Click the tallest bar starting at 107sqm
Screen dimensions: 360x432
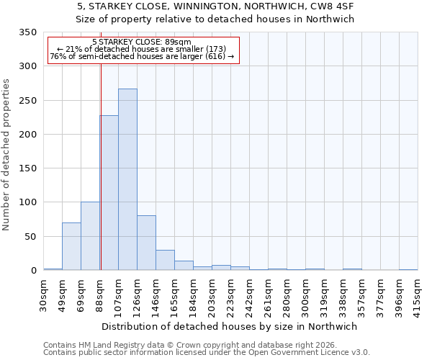click(x=127, y=179)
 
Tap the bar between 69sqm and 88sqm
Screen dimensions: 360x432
click(x=90, y=236)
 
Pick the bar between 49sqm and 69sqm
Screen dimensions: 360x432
click(x=71, y=246)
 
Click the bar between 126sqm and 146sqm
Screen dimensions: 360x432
click(x=146, y=243)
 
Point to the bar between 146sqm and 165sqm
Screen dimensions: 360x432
click(x=165, y=260)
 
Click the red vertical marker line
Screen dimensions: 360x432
click(x=101, y=166)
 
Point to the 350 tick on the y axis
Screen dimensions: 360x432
click(x=27, y=32)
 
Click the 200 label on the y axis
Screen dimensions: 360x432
click(x=27, y=135)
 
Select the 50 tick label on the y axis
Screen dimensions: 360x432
click(x=30, y=237)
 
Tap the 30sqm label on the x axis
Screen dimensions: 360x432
click(x=44, y=292)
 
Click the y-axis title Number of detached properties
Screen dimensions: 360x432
click(x=6, y=156)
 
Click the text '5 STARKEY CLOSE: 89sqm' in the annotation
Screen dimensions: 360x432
click(x=142, y=42)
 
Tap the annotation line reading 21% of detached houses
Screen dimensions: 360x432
click(x=142, y=50)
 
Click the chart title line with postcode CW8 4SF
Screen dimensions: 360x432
click(x=215, y=6)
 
